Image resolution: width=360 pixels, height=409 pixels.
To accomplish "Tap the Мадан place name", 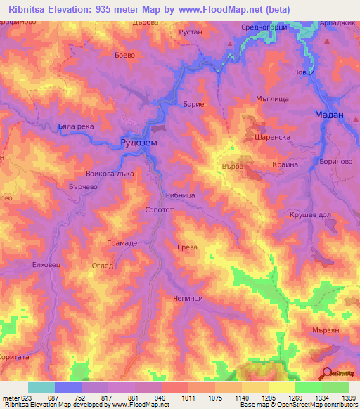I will pyautogui.click(x=328, y=115).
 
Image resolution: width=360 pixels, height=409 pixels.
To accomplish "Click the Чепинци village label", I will pyautogui.click(x=188, y=299).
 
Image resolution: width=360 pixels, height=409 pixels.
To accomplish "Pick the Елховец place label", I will pyautogui.click(x=48, y=266).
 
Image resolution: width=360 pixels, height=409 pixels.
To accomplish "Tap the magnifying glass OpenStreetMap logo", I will pyautogui.click(x=326, y=374).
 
